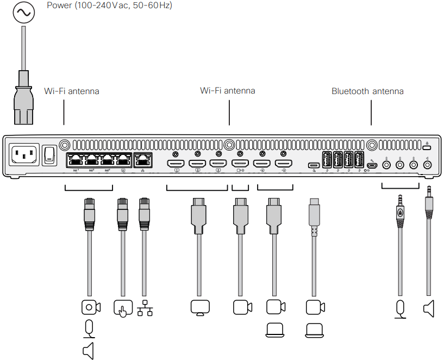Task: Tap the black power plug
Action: (x=24, y=98)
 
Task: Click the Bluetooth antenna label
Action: (x=367, y=91)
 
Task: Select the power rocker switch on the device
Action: (x=50, y=154)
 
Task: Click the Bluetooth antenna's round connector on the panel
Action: (x=372, y=146)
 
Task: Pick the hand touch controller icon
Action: (x=123, y=308)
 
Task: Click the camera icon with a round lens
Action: (x=90, y=308)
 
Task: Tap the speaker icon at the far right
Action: (x=428, y=309)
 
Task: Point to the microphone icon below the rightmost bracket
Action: (x=401, y=309)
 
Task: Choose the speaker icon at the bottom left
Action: (x=88, y=351)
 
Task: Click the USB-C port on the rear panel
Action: (x=314, y=165)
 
